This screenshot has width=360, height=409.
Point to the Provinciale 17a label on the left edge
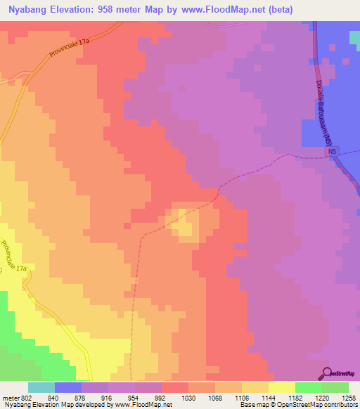point(13,257)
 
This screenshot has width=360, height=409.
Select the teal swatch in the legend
point(41,387)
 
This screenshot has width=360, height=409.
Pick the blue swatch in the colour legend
point(68,387)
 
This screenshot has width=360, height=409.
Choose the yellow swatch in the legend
point(282,387)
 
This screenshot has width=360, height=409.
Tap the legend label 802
point(25,397)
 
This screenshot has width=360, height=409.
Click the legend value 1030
point(188,397)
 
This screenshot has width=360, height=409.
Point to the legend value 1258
point(349,397)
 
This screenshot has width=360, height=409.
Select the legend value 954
point(135,397)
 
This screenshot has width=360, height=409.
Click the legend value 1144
point(269,397)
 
